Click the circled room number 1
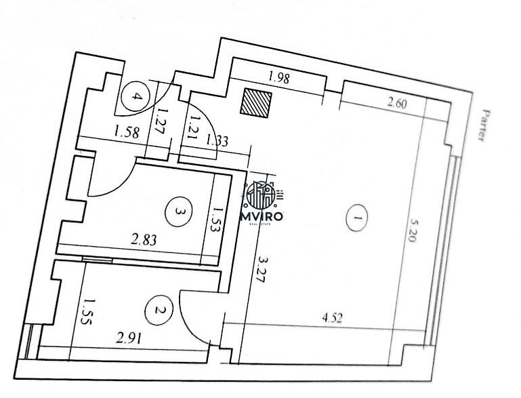(357, 218)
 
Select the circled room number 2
(159, 311)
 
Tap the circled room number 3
(179, 212)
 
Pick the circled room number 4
(136, 96)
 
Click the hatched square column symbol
(256, 103)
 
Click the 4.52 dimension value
(332, 318)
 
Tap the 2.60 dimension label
(397, 104)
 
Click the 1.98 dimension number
(279, 77)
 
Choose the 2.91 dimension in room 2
(129, 338)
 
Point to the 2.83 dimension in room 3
(144, 239)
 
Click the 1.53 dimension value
(217, 220)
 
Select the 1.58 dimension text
(126, 133)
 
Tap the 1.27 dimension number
(162, 120)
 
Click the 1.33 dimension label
(217, 140)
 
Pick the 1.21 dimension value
(194, 128)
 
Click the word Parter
(486, 125)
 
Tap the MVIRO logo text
(262, 217)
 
